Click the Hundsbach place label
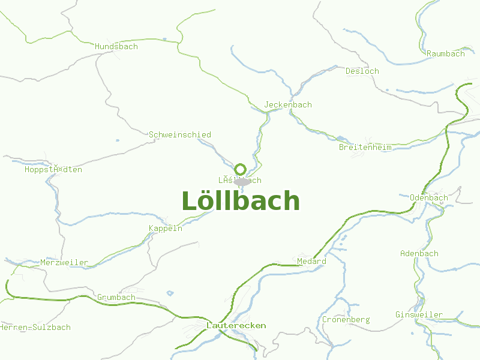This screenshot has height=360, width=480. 116,46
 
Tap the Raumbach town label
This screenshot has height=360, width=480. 445,53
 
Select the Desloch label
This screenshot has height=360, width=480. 362,71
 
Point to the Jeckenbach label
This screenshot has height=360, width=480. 288,104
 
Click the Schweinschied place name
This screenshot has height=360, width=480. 180,134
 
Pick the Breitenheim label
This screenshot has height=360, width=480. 365,147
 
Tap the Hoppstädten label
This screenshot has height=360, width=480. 53,169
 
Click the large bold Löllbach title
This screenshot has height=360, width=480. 240,201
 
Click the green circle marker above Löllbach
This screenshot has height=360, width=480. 241,169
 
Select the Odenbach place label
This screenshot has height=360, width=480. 428,197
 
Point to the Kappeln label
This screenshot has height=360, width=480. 166,229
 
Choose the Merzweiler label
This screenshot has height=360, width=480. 64,262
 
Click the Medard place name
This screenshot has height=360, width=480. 311,261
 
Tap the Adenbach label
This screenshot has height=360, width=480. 419,253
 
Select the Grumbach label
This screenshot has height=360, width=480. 116,297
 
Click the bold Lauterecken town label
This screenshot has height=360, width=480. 236,325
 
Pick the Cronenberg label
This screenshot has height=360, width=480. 346,319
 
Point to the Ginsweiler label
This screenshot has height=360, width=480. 419,314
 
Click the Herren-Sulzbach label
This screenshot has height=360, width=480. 36,327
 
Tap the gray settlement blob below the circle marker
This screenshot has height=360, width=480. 242,181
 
